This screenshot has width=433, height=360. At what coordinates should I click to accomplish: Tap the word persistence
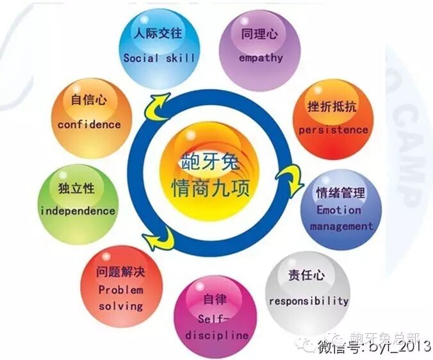[333, 130]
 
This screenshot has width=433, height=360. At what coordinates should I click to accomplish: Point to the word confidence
[89, 125]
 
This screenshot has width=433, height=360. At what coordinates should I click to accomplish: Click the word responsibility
[309, 300]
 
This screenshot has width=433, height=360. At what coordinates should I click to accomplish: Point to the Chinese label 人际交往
[158, 32]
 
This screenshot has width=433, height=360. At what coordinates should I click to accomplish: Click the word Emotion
[339, 209]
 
